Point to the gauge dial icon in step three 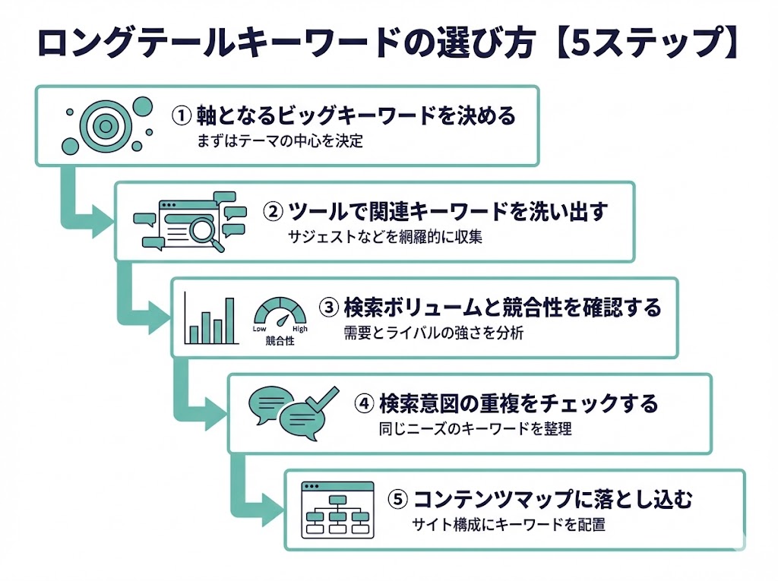tap(280, 312)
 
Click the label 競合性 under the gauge tap(280, 341)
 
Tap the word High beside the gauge tap(300, 329)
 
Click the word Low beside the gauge tap(259, 329)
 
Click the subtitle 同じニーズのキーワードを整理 tap(475, 428)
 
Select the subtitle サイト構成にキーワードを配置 tap(508, 524)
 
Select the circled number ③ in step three tap(328, 308)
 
